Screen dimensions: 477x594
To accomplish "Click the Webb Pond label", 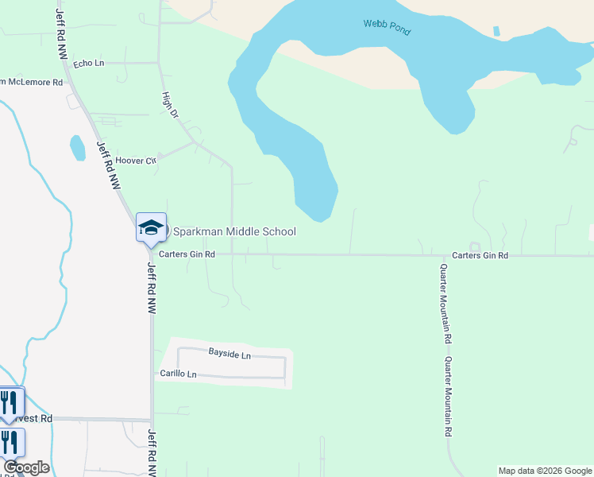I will [387, 29].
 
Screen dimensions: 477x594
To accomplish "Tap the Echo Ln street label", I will [88, 63].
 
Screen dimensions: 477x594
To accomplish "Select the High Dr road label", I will [170, 105].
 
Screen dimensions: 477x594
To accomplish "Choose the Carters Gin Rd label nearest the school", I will [187, 254].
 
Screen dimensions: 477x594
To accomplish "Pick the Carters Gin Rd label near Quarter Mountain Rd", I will [480, 255].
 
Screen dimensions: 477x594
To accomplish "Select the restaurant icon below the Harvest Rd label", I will [9, 442].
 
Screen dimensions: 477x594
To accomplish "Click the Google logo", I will [26, 467].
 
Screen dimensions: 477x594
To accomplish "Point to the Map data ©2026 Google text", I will [544, 471].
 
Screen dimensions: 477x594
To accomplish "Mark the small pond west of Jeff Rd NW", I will [77, 148].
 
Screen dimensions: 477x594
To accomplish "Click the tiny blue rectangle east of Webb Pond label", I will [496, 32].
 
